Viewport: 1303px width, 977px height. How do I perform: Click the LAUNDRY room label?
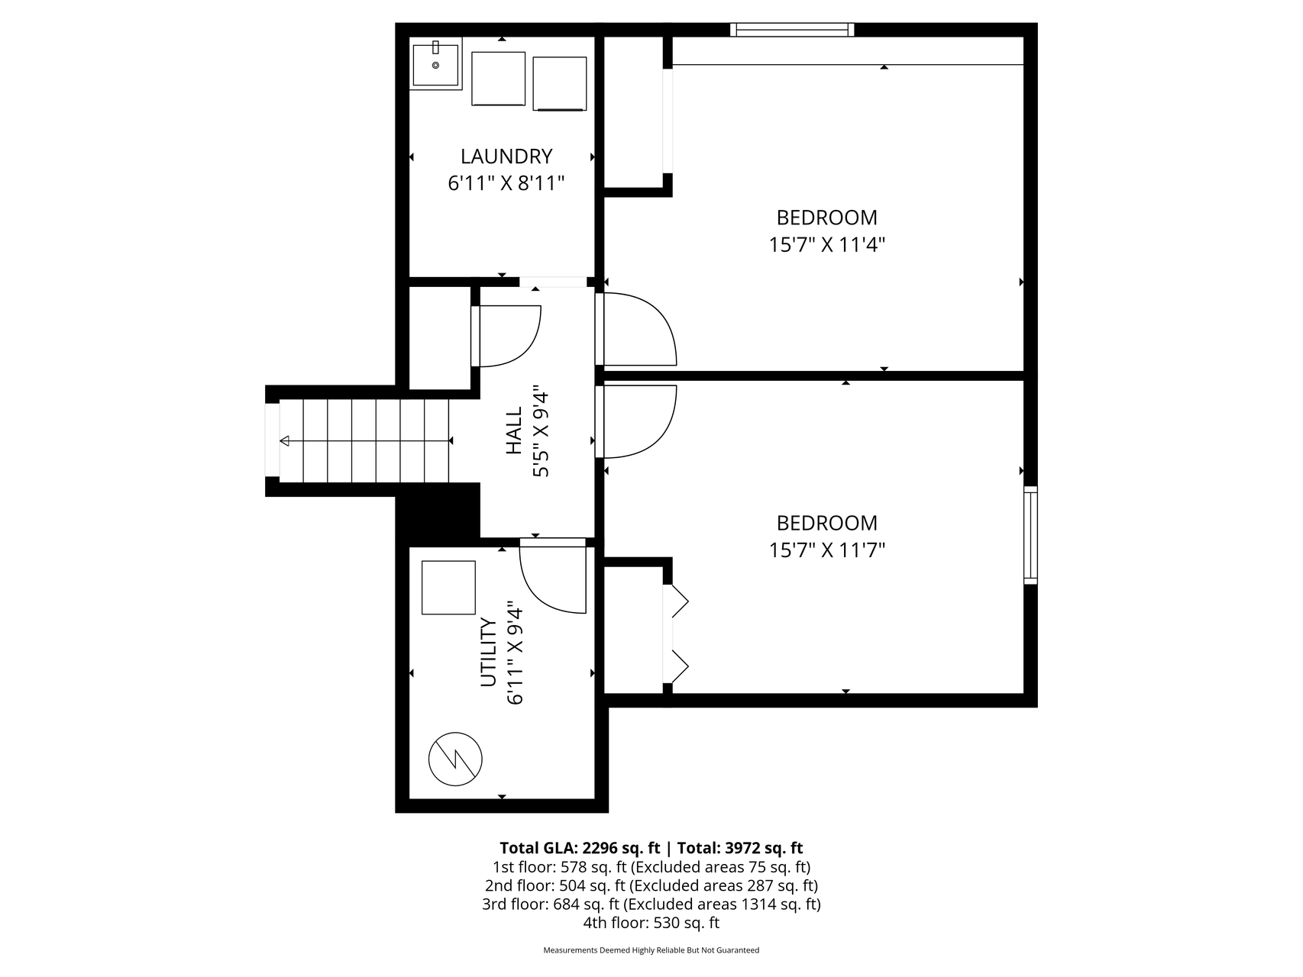pos(506,156)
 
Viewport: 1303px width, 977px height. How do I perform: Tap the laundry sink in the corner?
pos(436,66)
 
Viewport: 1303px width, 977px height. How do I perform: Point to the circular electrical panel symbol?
pos(455,759)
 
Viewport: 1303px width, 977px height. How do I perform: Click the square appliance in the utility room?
pos(448,588)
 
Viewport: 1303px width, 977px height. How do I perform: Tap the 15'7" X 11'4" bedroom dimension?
pos(826,245)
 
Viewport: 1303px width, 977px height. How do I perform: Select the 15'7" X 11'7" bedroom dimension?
pos(826,550)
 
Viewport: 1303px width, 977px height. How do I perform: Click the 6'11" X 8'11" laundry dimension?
pos(506,184)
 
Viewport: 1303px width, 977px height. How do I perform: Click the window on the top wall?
pos(792,30)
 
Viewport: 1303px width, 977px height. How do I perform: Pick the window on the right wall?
pos(1030,535)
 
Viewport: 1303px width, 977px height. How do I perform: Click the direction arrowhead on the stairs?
pos(285,441)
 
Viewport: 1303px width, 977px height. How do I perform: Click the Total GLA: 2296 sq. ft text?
pos(580,848)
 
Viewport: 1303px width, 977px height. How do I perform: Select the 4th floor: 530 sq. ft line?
pos(651,923)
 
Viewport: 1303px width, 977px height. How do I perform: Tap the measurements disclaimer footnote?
pos(651,950)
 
